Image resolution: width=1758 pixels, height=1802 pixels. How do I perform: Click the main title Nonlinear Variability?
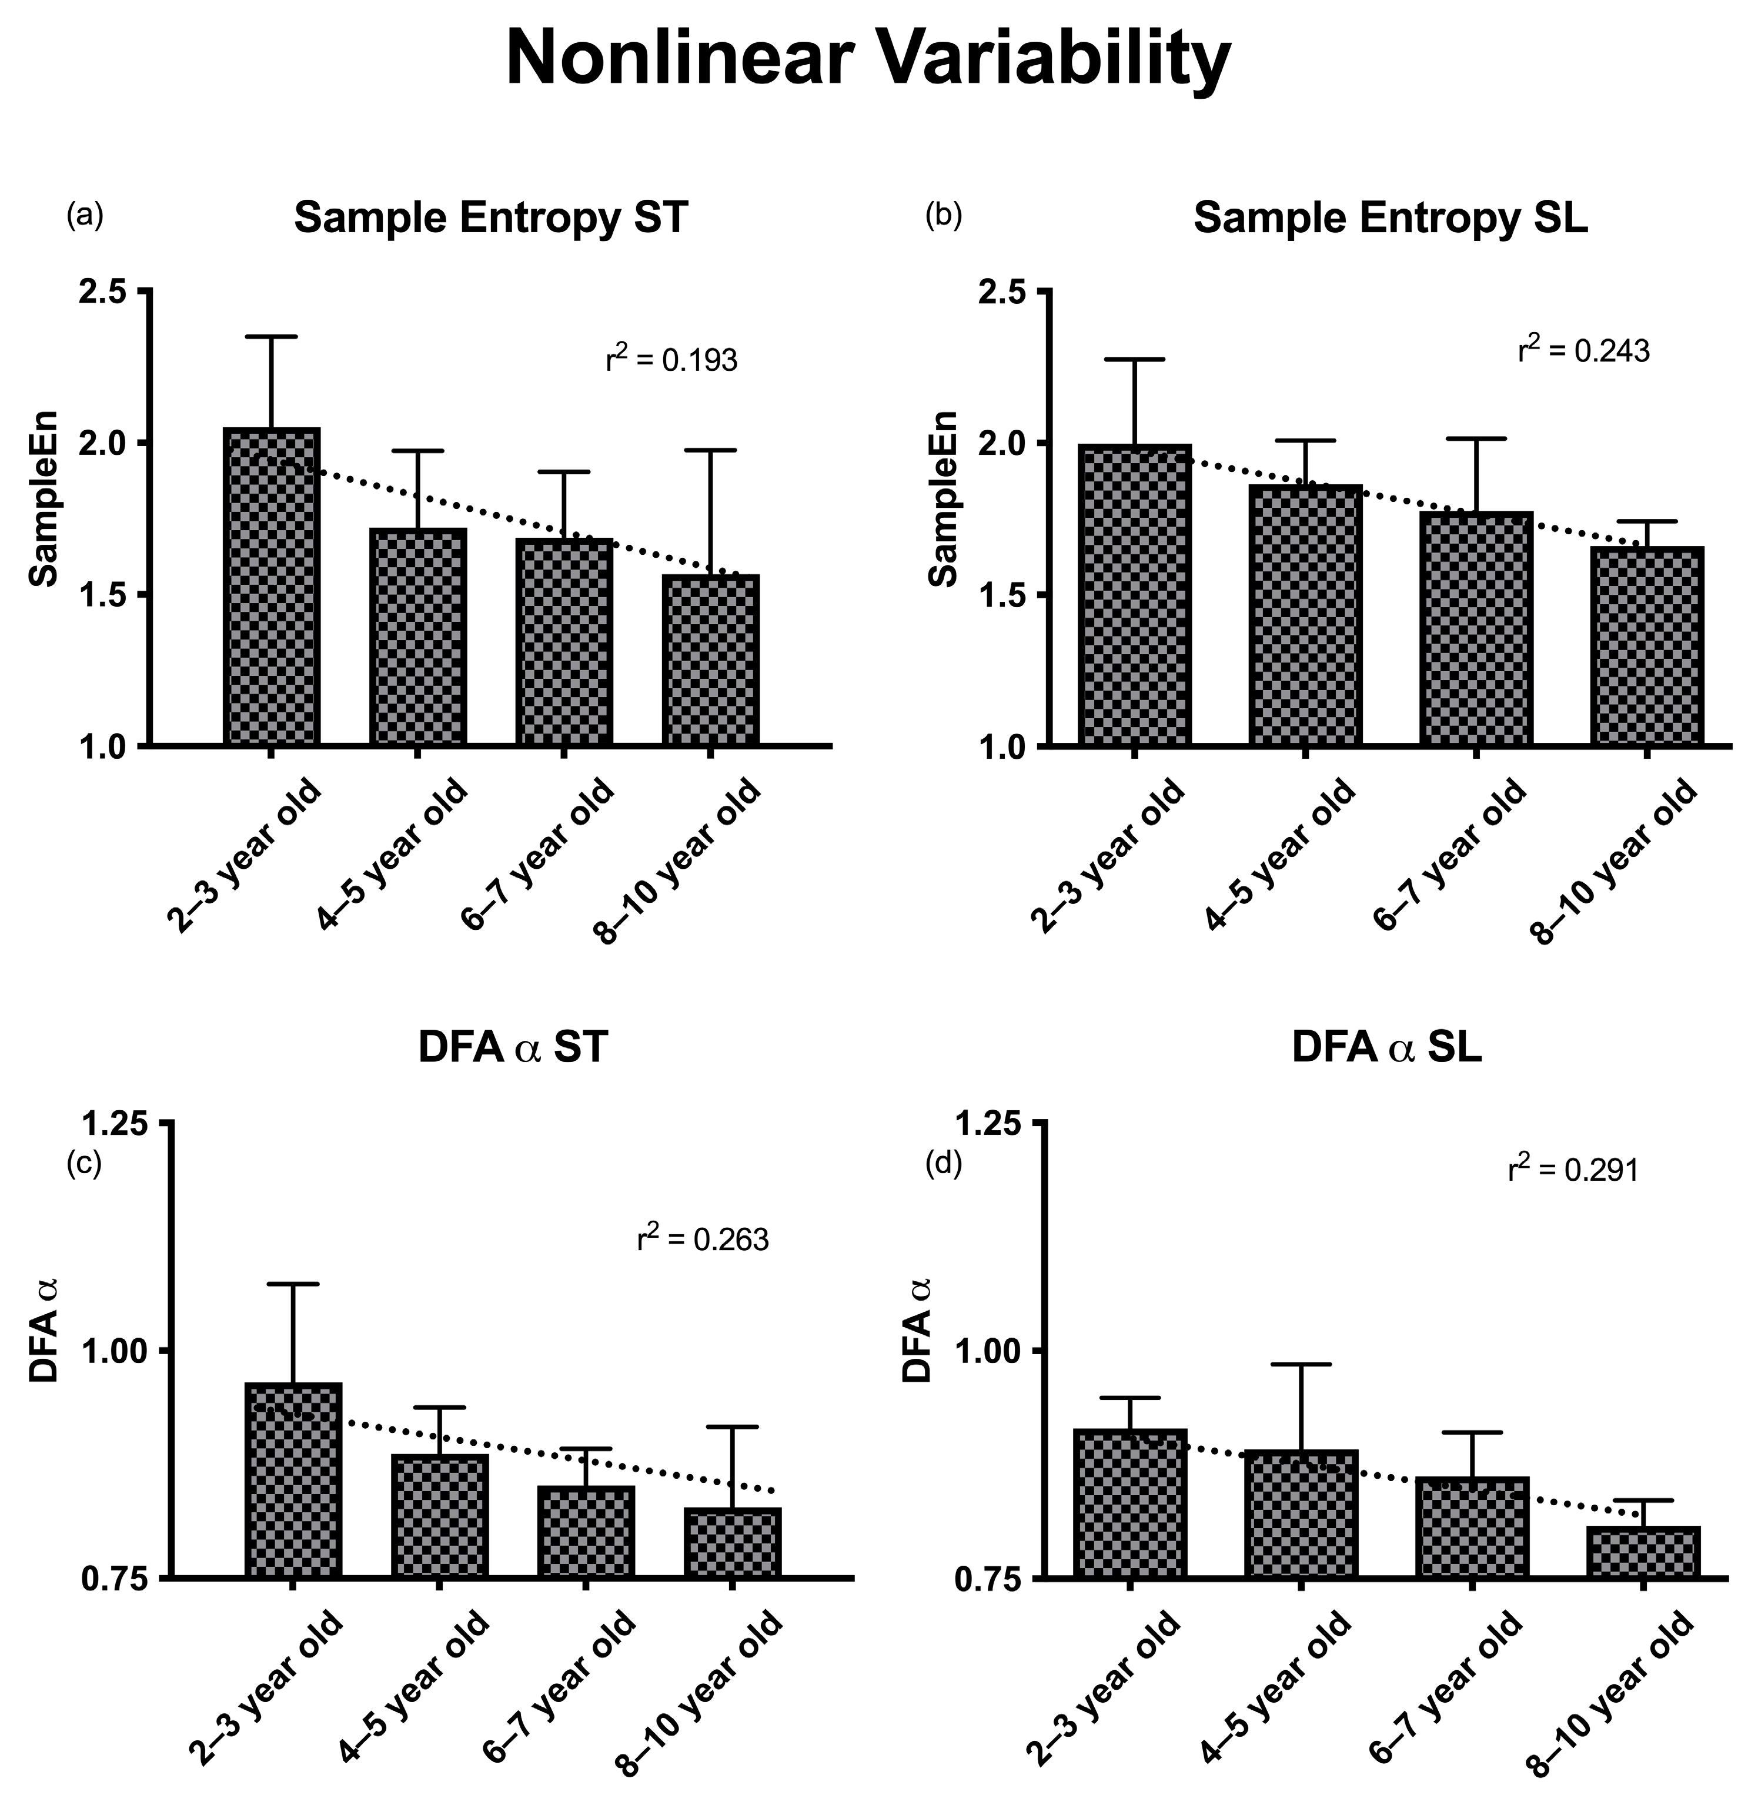[868, 57]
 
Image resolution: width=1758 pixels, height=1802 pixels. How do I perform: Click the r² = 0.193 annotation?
[671, 360]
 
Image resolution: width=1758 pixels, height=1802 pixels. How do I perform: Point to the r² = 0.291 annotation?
[1572, 1171]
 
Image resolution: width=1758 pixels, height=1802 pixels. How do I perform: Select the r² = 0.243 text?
[1583, 351]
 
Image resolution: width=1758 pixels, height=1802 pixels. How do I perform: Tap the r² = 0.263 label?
[703, 1239]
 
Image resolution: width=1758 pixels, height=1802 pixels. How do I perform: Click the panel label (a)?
[85, 216]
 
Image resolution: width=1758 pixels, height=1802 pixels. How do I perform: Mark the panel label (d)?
[944, 1165]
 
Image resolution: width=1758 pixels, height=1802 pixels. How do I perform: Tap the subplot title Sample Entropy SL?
[1391, 218]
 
